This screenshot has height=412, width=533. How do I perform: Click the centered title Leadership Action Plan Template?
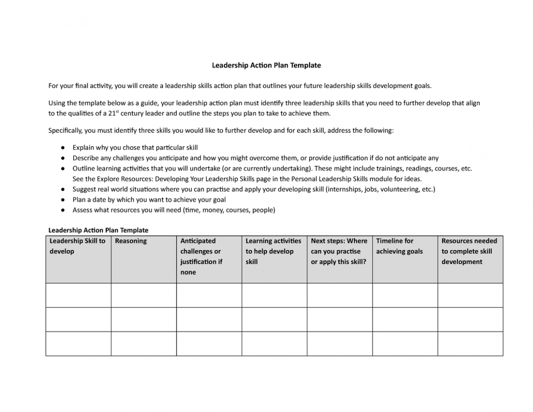tap(266, 65)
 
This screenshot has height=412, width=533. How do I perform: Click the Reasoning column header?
tap(131, 241)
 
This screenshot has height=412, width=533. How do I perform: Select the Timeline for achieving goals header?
tap(399, 246)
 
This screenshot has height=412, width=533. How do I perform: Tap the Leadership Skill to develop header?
tap(77, 246)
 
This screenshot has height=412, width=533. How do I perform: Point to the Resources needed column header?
tap(469, 251)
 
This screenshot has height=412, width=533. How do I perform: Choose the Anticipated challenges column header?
tap(201, 256)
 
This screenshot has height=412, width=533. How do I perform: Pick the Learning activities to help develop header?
tap(273, 251)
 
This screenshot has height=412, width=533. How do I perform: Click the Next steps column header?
tap(339, 251)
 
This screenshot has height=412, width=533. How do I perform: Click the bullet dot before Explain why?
tap(62, 148)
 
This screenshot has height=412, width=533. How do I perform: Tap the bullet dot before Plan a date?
tap(62, 200)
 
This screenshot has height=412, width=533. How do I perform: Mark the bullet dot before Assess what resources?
tap(62, 210)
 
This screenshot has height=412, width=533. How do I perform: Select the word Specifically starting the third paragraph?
tap(65, 131)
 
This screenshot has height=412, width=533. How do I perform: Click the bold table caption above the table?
tap(98, 230)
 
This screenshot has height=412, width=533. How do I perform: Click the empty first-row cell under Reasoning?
tap(143, 295)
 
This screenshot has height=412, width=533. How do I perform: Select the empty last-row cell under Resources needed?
tap(470, 344)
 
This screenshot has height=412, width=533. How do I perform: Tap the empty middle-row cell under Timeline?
tap(405, 319)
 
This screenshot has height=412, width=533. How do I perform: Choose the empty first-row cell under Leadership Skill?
tap(78, 295)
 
